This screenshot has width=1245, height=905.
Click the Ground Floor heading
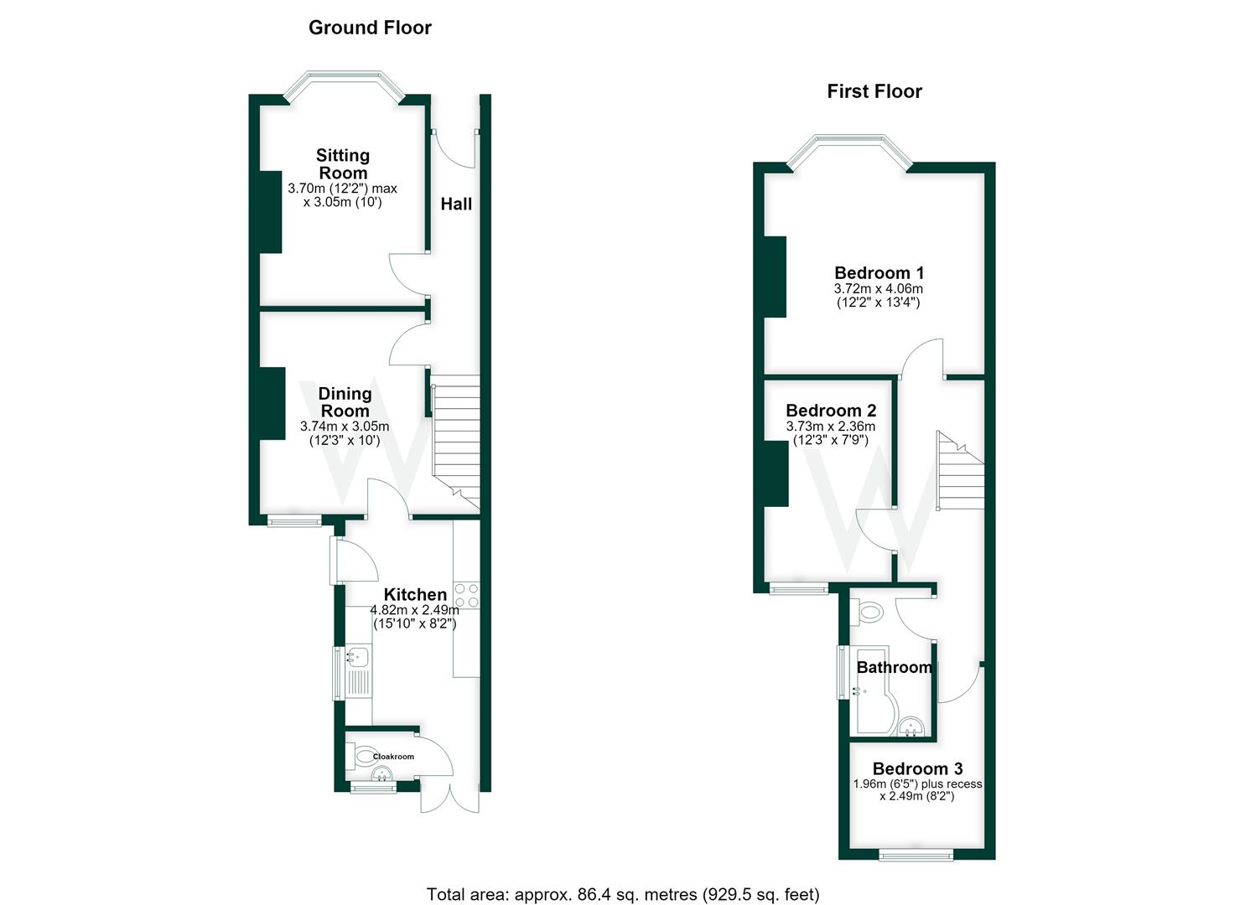(370, 28)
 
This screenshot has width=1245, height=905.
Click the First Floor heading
(874, 91)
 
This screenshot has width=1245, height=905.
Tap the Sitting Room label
(343, 164)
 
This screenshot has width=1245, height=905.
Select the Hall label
(456, 204)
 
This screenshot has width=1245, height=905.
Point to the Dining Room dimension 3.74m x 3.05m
(345, 427)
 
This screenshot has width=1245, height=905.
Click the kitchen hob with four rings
(466, 595)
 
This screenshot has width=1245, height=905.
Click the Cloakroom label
(393, 757)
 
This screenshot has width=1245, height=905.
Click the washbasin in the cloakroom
(381, 773)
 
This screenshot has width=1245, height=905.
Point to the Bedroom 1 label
(879, 273)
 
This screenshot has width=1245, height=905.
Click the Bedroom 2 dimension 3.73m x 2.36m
(830, 427)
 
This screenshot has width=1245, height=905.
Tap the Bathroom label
(895, 667)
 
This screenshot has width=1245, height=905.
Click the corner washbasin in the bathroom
(911, 727)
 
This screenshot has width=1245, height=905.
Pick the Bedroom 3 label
(918, 769)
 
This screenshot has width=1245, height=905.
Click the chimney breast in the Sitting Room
(272, 212)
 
